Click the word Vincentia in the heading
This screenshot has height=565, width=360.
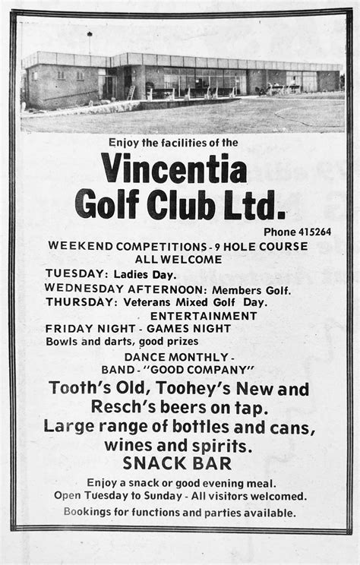coord(174,167)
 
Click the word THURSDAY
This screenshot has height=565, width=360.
coord(74,301)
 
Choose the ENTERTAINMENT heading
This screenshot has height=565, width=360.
coord(204,315)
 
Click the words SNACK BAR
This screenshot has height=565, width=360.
coord(178,463)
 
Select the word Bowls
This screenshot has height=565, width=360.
coord(61,341)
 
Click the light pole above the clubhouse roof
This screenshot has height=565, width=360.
coord(90,40)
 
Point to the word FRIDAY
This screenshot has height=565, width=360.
coord(65,328)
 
